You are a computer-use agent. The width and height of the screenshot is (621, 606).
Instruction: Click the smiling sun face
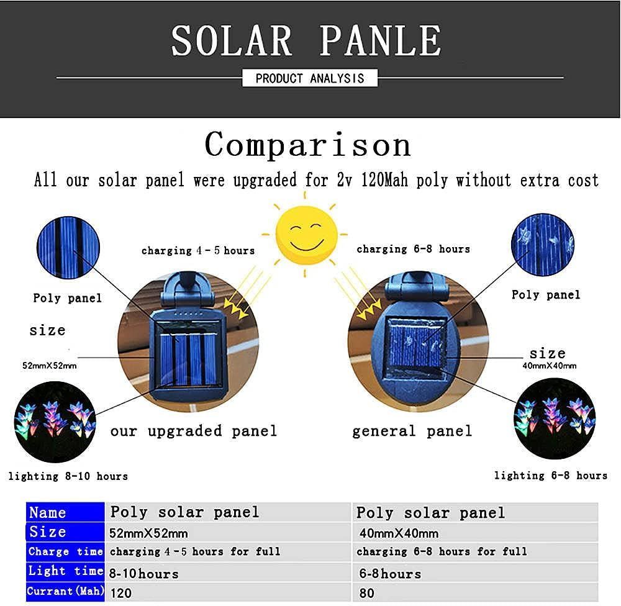(306, 235)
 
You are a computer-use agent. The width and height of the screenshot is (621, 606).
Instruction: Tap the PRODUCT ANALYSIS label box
(310, 78)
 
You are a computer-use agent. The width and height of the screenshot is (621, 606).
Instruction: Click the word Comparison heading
(308, 145)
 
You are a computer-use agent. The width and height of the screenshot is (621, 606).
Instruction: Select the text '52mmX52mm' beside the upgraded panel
(50, 366)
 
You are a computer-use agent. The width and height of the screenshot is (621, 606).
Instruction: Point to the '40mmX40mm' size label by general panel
(550, 366)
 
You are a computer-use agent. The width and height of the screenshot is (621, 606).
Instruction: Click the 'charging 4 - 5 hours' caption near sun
(198, 251)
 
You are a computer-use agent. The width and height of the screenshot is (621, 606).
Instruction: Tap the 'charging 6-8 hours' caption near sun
(413, 249)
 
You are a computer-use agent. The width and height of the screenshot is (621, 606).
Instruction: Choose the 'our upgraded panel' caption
(194, 432)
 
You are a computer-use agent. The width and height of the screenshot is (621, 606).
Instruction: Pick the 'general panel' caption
(412, 432)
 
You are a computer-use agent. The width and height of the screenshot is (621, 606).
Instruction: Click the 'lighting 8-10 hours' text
(68, 476)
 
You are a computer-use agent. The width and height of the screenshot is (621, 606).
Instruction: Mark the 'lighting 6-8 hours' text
(550, 475)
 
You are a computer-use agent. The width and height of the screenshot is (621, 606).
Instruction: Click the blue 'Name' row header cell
(65, 512)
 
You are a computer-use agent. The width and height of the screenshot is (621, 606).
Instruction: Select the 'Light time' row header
(65, 572)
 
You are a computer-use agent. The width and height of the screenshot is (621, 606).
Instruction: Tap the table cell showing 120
(228, 592)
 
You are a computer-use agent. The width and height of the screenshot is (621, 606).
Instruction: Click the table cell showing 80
(475, 592)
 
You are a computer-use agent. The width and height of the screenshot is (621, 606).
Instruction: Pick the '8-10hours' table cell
(228, 572)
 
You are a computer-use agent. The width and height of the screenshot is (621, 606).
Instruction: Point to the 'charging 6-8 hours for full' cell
(475, 552)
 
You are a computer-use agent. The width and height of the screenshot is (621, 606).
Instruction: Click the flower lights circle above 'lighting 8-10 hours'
(55, 422)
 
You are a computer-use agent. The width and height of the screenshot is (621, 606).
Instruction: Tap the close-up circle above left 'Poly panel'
(68, 248)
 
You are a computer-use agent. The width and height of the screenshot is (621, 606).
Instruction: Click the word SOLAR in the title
(232, 40)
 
